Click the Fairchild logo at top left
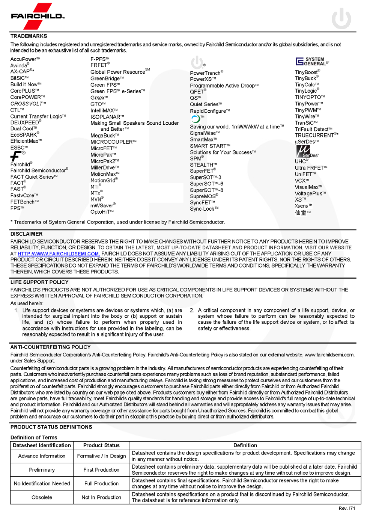(38, 16)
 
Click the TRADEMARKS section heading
(29, 36)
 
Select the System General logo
(312, 61)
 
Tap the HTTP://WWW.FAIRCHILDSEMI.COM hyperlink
(59, 253)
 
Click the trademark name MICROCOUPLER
(112, 142)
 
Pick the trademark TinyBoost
(306, 72)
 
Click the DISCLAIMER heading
(26, 234)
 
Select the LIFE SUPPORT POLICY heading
(39, 282)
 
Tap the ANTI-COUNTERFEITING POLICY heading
(50, 347)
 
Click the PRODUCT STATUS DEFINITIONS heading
(51, 427)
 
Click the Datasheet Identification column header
(42, 445)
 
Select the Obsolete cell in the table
(42, 497)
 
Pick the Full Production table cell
(101, 483)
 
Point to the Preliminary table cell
(42, 470)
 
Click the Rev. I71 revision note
(346, 508)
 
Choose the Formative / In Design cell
(101, 456)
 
